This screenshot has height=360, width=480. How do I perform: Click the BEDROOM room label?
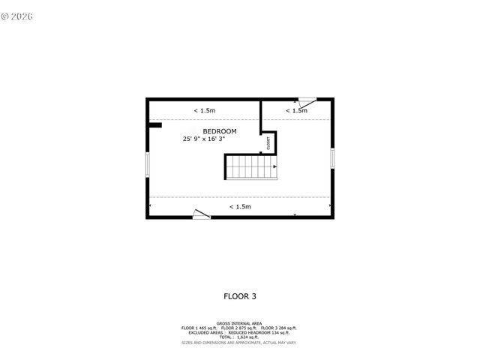[x=220, y=131]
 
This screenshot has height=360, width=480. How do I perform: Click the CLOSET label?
[x=268, y=142]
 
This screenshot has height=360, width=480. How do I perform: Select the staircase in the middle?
[x=251, y=166]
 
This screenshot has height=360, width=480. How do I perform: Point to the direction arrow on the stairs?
[x=274, y=166]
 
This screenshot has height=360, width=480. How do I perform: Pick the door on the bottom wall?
[x=201, y=214]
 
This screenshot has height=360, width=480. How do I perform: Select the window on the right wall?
[x=331, y=158]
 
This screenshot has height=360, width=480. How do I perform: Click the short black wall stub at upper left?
[x=154, y=125]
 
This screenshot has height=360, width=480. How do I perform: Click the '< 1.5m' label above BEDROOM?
[x=205, y=111]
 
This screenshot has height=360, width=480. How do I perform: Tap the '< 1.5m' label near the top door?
[x=296, y=111]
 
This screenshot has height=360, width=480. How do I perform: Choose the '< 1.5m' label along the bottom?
[x=240, y=206]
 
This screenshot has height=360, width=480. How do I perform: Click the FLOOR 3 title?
[x=240, y=295]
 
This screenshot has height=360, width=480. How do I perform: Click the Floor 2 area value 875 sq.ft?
[x=245, y=328]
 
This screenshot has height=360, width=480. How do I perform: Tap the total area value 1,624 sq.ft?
[x=247, y=337]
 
